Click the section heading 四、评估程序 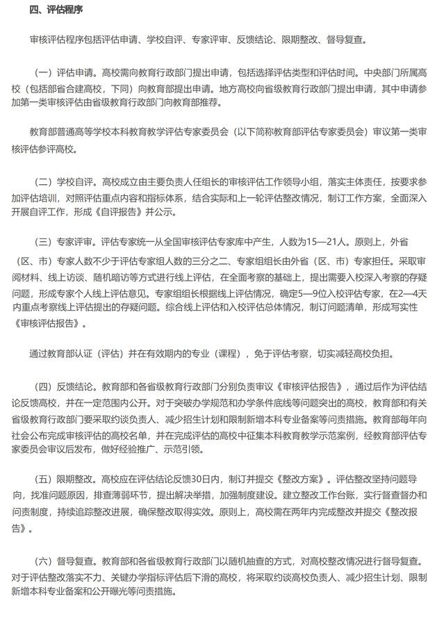[x=56, y=10]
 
